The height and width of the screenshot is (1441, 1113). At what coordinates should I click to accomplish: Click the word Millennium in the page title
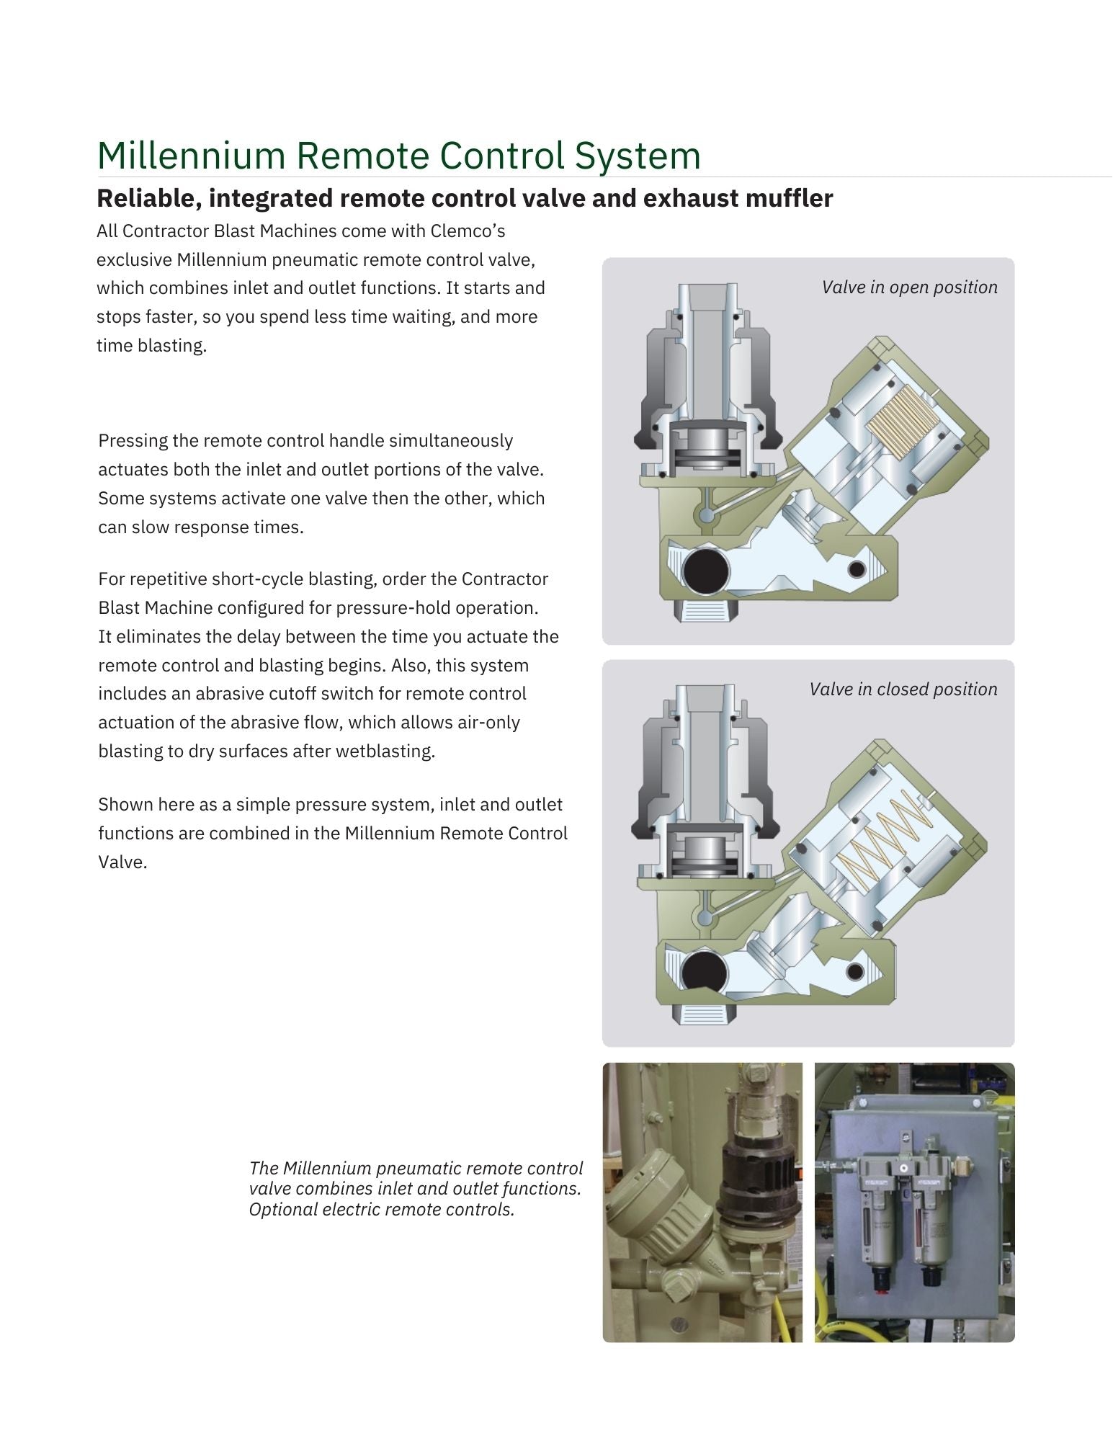(x=191, y=155)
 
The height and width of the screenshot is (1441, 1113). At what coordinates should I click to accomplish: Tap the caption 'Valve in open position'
(x=910, y=287)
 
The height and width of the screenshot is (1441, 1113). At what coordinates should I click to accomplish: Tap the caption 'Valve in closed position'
(x=903, y=690)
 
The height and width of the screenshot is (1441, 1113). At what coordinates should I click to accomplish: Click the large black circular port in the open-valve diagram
(x=705, y=571)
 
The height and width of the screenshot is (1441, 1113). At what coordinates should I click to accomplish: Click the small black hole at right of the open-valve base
(x=857, y=569)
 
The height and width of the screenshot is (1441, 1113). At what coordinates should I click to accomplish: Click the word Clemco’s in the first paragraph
(x=468, y=231)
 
